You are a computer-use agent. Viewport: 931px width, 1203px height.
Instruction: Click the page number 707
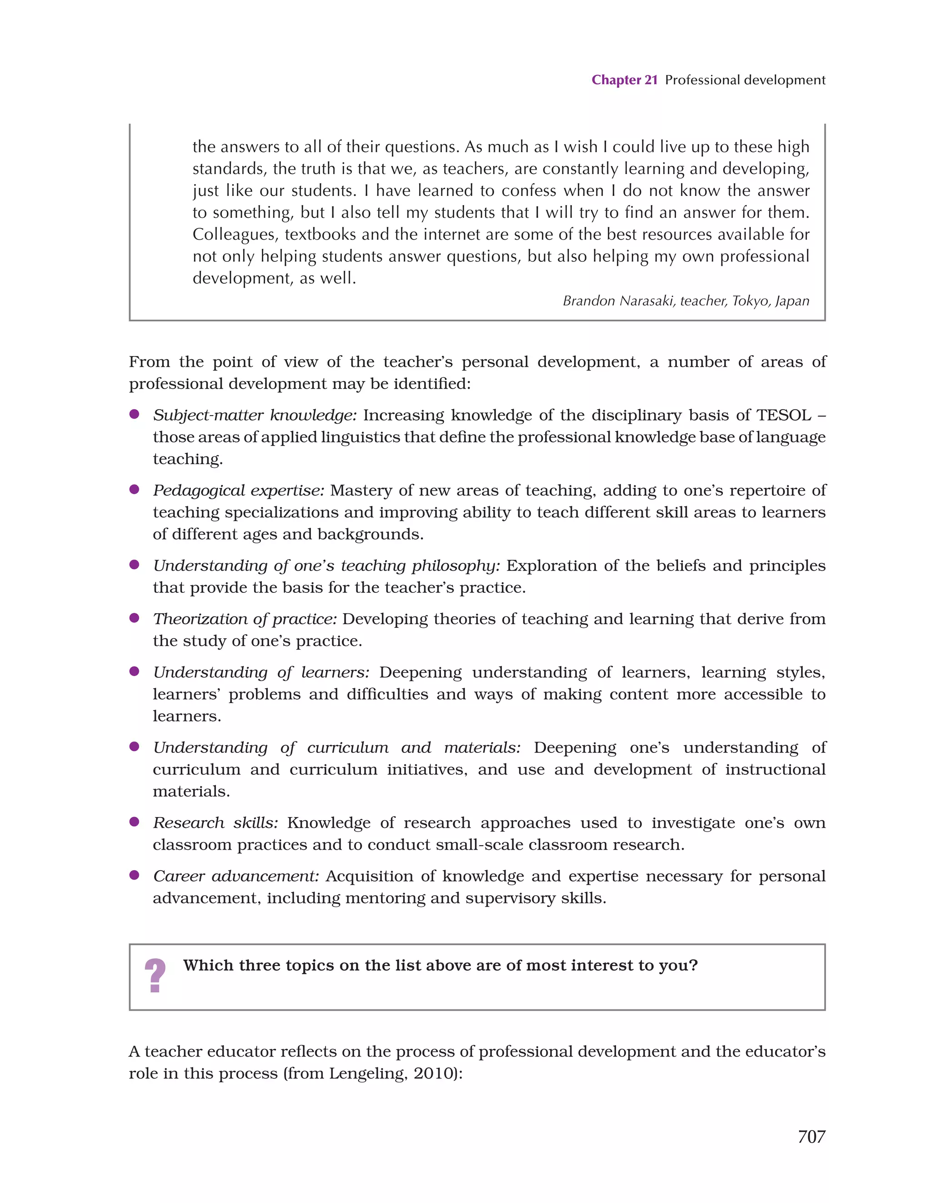(811, 1136)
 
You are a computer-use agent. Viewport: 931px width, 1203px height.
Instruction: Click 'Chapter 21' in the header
(624, 80)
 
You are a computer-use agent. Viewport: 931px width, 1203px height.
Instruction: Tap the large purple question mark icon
(155, 976)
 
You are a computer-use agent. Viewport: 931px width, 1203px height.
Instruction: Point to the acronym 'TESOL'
(783, 416)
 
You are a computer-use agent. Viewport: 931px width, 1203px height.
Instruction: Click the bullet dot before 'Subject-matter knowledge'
(134, 414)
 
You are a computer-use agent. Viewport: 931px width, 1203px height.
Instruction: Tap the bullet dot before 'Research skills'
(134, 822)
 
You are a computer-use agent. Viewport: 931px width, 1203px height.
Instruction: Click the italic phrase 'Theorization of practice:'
(245, 619)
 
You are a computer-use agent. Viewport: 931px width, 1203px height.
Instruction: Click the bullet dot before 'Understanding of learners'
(134, 672)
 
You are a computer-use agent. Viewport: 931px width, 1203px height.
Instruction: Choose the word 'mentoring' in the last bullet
(385, 898)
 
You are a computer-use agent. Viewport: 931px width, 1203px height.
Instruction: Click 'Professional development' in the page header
(745, 80)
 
